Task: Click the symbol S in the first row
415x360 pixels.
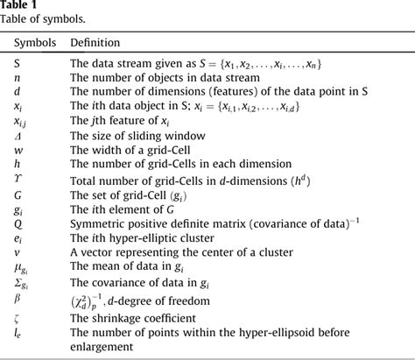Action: pyautogui.click(x=18, y=63)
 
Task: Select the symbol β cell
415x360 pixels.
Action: pyautogui.click(x=18, y=298)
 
